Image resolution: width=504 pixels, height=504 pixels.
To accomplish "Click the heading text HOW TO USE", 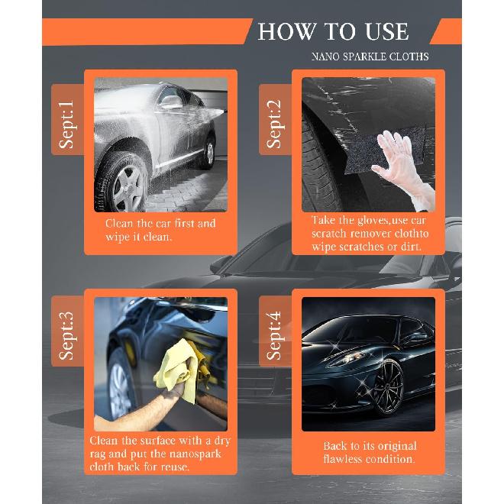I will tap(333, 31).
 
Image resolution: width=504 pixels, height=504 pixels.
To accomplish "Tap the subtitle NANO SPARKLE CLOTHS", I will tap(370, 57).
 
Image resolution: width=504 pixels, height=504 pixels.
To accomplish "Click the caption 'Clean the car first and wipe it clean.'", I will tap(160, 230).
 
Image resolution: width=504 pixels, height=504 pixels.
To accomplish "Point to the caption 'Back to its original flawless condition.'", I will tap(369, 453).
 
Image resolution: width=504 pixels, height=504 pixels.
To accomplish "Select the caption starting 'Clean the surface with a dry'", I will tap(160, 454).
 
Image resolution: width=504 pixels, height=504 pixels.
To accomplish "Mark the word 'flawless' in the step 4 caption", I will tap(347, 460).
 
